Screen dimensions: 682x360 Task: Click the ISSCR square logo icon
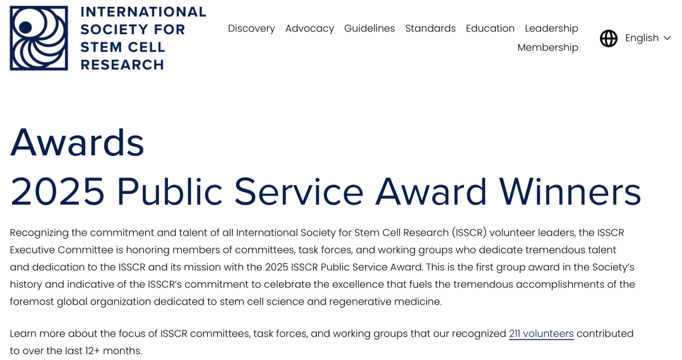point(39,38)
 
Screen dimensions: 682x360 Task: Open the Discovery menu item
point(251,28)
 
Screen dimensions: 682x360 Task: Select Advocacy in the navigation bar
point(309,28)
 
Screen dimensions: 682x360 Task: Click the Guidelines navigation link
point(369,28)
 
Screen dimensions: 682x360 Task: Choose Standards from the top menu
point(431,28)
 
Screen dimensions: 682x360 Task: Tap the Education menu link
point(490,28)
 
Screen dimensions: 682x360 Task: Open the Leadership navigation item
point(551,28)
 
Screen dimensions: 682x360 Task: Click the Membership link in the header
point(548,47)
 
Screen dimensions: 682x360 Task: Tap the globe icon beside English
point(609,39)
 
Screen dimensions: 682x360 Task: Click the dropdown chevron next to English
point(667,39)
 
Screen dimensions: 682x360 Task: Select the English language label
point(642,39)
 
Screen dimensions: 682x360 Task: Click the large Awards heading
point(77,143)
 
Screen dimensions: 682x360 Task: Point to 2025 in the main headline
point(57,192)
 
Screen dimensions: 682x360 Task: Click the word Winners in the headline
point(570,192)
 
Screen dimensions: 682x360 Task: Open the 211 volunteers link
point(542,333)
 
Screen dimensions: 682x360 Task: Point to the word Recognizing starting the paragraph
point(39,233)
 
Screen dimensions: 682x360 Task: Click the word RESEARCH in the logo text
point(123,65)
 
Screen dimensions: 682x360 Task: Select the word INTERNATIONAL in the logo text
point(143,12)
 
